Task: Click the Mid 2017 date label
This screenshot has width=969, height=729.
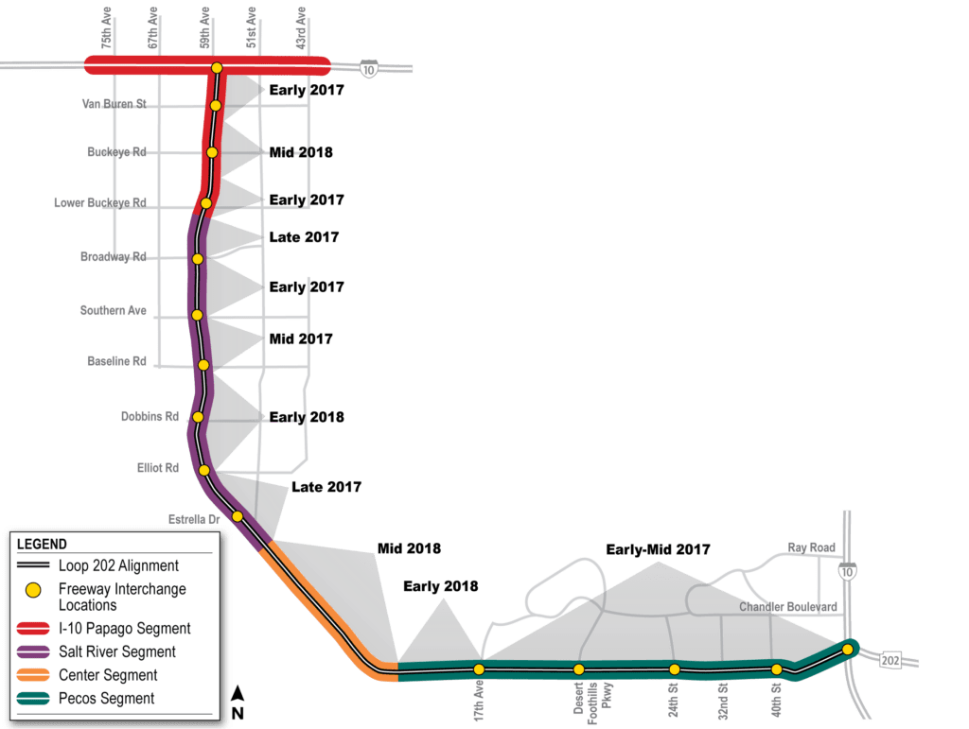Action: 301,338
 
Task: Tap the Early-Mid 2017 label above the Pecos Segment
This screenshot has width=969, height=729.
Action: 659,549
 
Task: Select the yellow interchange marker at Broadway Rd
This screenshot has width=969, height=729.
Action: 198,258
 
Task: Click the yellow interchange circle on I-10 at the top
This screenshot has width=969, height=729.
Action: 217,67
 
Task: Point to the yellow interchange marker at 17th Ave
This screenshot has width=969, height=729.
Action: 479,668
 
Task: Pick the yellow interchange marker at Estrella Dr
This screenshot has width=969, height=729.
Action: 237,516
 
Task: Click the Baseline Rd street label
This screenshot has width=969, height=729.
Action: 116,361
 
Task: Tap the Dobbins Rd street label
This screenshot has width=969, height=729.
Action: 150,416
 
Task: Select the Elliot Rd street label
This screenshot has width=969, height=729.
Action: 158,467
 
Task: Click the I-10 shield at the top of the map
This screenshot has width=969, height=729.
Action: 368,68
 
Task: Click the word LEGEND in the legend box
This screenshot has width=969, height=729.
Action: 42,544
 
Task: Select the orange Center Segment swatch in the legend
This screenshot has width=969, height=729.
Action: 34,675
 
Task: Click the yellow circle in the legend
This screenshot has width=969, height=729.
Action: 33,590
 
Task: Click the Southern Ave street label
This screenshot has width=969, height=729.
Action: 115,310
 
